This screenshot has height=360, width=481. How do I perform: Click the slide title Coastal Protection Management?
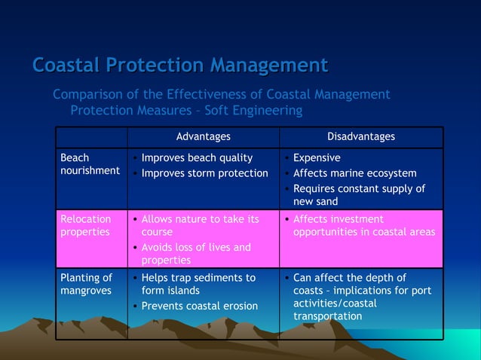[180, 66]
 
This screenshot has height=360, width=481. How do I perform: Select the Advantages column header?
[203, 136]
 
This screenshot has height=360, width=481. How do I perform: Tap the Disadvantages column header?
[360, 136]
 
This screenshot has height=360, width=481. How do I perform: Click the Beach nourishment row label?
[89, 164]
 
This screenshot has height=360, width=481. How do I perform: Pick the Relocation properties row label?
[85, 225]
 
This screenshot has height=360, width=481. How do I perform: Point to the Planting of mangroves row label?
[86, 284]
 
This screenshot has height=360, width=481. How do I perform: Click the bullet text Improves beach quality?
[197, 158]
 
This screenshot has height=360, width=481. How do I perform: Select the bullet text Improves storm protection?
[204, 173]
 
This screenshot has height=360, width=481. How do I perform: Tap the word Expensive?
[317, 158]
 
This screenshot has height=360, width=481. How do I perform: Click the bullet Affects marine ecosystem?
[354, 173]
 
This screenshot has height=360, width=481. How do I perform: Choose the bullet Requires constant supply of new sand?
[358, 195]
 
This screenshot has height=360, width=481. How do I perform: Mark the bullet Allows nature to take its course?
[200, 225]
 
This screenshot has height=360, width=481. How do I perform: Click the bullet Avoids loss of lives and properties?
[196, 254]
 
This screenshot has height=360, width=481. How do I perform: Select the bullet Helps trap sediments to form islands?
[198, 284]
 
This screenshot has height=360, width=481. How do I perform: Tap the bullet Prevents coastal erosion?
[200, 306]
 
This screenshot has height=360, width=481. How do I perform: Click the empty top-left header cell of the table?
[91, 137]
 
